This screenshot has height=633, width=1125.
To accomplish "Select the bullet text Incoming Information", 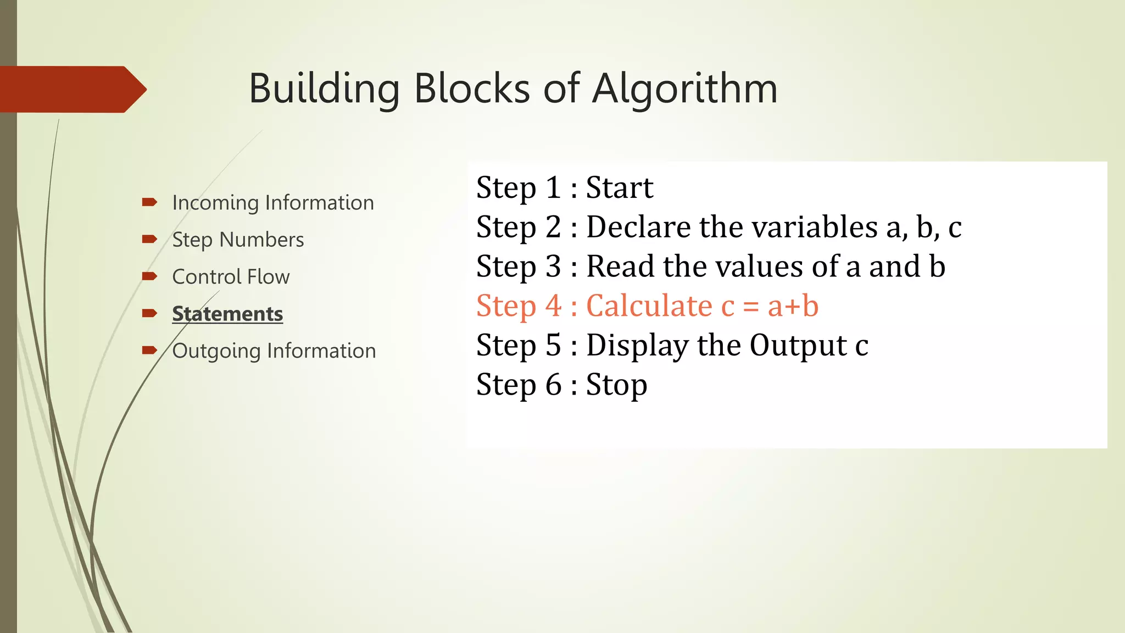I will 273,203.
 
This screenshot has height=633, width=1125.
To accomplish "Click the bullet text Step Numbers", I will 238,240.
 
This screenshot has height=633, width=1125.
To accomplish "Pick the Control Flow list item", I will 231,276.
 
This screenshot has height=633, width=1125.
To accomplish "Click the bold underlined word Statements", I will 227,314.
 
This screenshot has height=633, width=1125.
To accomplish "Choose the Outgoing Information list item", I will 274,351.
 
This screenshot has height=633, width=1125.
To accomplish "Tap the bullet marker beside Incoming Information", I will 149,202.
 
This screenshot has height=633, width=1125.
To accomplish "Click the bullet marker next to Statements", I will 149,313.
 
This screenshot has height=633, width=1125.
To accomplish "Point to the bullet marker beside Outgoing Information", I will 149,350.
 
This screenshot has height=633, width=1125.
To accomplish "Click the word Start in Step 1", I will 620,187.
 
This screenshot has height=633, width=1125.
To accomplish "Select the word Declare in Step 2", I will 637,227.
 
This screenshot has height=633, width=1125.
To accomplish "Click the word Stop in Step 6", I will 616,385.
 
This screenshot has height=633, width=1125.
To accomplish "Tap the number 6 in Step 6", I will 554,385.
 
